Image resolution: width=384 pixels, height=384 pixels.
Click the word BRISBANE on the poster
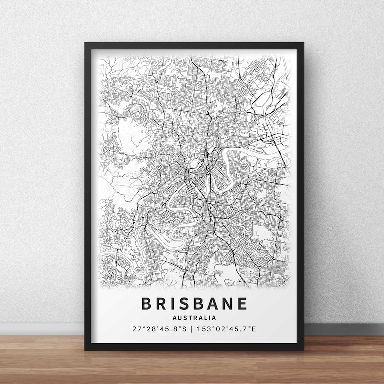click(194, 303)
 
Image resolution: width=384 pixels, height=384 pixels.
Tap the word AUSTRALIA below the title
click(194, 318)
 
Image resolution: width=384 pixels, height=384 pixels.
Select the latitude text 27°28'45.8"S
click(158, 329)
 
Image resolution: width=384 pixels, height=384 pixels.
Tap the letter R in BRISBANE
click(156, 303)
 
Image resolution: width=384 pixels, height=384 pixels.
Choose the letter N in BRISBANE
click(226, 303)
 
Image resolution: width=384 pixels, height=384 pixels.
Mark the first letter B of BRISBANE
click(145, 303)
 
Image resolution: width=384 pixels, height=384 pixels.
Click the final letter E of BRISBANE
click(242, 303)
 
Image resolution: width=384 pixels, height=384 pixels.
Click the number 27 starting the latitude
click(135, 329)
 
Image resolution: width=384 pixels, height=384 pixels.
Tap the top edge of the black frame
click(194, 45)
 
